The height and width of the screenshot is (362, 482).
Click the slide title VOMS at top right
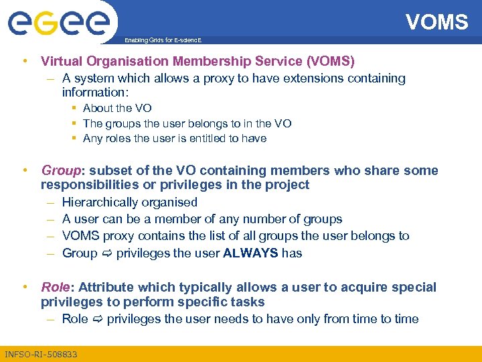click(x=436, y=22)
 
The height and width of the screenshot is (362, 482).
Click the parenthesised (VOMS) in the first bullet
click(x=331, y=61)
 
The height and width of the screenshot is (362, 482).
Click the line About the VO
click(x=117, y=108)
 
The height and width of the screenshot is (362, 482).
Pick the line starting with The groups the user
click(x=187, y=123)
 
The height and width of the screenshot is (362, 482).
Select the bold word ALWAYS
click(x=251, y=253)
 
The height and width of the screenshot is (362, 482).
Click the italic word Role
click(x=55, y=287)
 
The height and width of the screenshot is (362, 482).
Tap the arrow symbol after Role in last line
click(x=98, y=319)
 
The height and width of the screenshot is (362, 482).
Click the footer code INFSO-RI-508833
click(x=41, y=354)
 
